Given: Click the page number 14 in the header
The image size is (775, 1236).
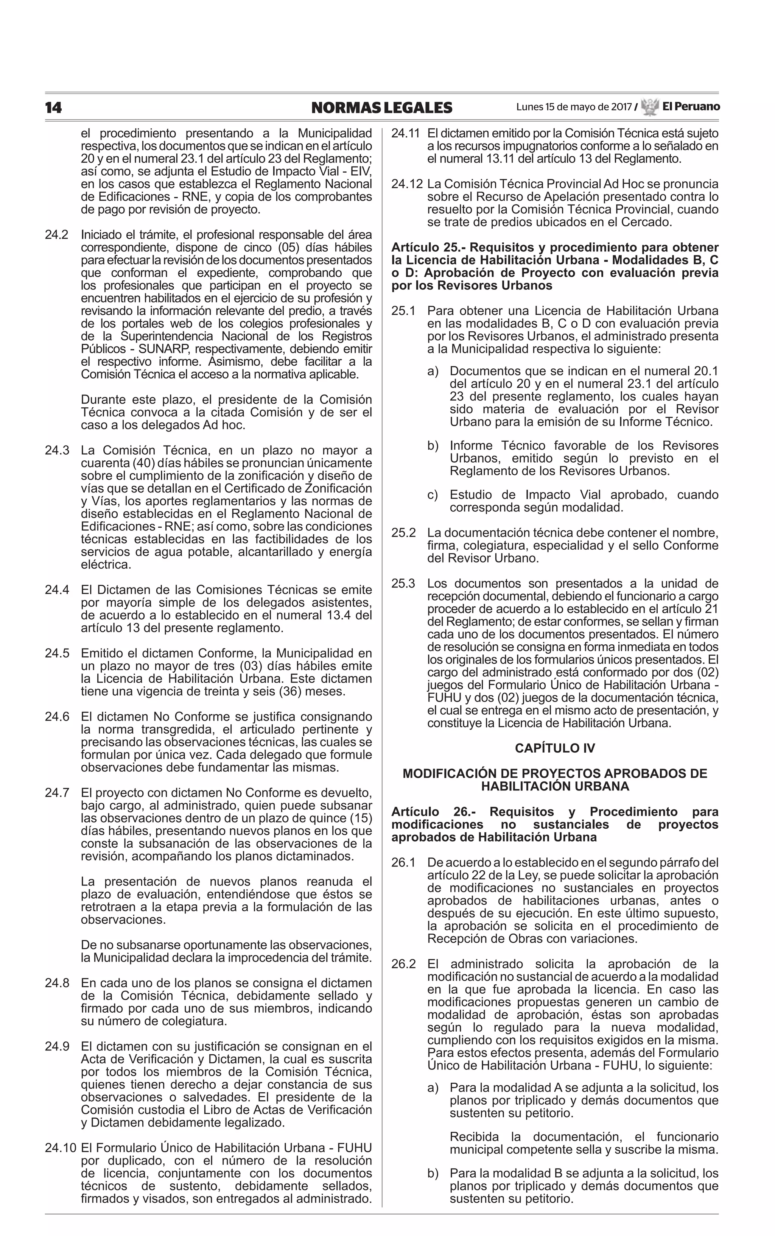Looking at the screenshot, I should [x=53, y=108].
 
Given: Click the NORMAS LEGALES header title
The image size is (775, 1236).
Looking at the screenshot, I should [x=381, y=108].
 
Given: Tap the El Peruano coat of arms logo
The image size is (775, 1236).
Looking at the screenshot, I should [x=649, y=107].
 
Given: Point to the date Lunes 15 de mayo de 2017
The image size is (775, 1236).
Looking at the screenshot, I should [x=574, y=107].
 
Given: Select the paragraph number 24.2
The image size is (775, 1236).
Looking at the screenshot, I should [x=56, y=235].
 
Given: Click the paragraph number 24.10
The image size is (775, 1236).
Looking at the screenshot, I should [x=60, y=1148].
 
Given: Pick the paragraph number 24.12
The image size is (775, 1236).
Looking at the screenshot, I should [x=406, y=184].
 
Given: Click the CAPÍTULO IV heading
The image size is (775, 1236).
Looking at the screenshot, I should [x=555, y=748].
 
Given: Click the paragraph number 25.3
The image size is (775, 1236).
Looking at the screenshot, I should [x=403, y=583].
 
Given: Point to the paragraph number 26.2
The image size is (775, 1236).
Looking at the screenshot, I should [x=403, y=964].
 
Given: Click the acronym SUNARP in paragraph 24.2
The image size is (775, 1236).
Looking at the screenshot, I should [x=165, y=349].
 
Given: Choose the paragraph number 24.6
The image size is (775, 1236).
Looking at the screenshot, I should [x=56, y=717].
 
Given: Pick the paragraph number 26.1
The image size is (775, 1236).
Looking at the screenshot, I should [x=403, y=863].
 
